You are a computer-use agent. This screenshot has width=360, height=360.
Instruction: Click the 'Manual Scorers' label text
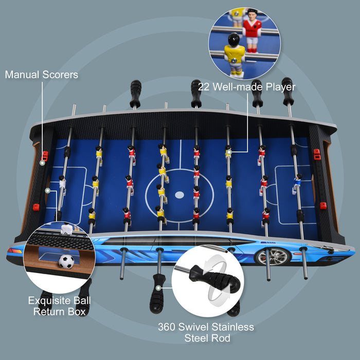pyautogui.click(x=42, y=75)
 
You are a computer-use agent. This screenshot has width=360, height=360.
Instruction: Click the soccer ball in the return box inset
pyautogui.click(x=66, y=261)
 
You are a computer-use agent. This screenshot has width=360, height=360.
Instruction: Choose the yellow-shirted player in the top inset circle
pyautogui.click(x=235, y=55)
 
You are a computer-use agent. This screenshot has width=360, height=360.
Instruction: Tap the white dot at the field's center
pyautogui.click(x=179, y=195)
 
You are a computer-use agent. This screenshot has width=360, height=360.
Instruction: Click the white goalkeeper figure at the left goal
pyautogui.click(x=62, y=184)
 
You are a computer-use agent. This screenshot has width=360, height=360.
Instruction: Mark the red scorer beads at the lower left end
pyautogui.click(x=36, y=207)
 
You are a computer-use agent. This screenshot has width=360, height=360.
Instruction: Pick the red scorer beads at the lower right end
pyautogui.click(x=323, y=205)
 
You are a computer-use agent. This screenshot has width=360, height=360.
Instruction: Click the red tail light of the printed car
pyautogui.click(x=14, y=250)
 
